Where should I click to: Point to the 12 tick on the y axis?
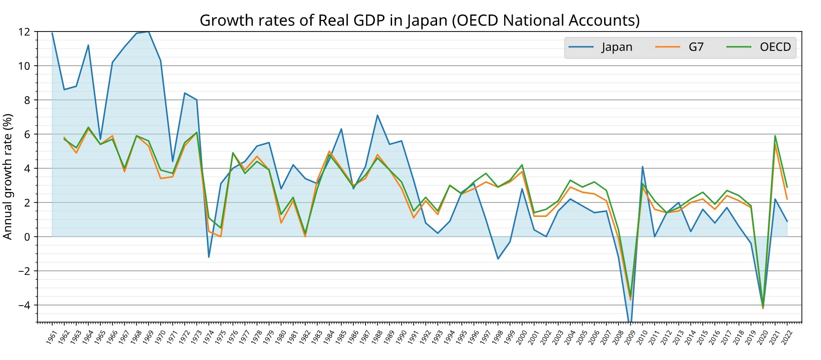tap(24, 32)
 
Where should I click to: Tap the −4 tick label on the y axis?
tap(24, 305)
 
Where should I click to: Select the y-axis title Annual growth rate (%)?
tap(8, 176)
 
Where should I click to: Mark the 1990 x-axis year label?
tap(400, 338)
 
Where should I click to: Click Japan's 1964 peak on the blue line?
tap(88, 45)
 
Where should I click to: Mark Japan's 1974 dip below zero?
tap(209, 257)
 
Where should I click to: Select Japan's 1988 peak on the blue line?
tap(378, 115)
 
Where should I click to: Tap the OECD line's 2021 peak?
tap(775, 136)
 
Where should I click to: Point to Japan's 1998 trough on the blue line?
tap(498, 259)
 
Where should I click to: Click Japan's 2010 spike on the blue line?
tap(642, 167)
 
